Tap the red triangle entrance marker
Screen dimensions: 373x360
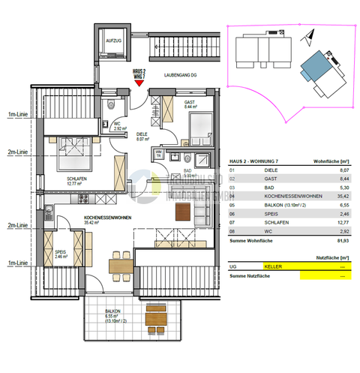point(139,84)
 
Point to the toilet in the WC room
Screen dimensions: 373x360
point(111,105)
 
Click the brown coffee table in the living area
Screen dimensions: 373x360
point(183,213)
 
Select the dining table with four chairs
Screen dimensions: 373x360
point(118,263)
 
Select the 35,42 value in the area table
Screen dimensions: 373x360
point(341,201)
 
